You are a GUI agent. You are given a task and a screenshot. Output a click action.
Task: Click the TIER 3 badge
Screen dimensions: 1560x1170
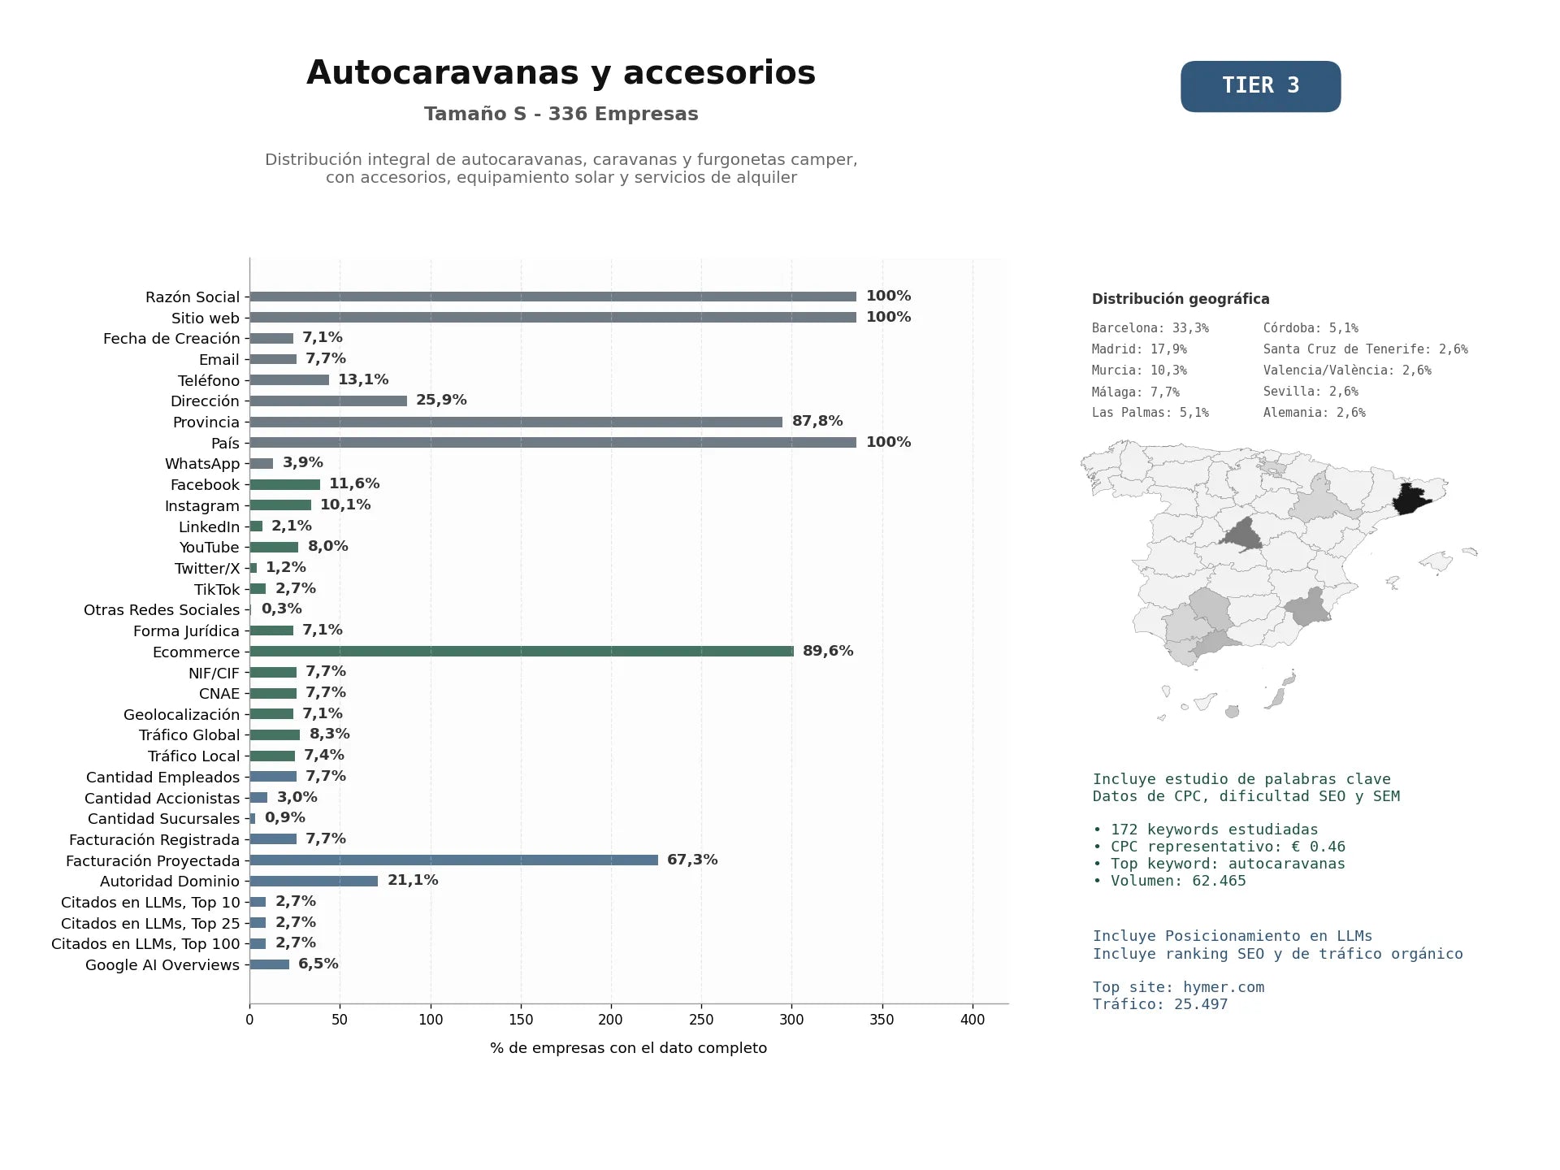coord(1260,86)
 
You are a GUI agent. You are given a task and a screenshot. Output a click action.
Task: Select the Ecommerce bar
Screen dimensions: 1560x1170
coord(522,651)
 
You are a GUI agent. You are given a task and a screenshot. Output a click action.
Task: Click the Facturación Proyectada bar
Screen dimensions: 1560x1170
coord(454,860)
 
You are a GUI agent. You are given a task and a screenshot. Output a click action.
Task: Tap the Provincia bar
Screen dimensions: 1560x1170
coord(516,422)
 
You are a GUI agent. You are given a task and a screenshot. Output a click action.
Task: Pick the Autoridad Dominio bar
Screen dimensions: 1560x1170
coord(314,881)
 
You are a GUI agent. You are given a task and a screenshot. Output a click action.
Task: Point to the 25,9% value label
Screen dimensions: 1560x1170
coord(441,400)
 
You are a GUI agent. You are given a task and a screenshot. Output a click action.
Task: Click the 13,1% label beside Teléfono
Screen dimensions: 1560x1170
coord(363,379)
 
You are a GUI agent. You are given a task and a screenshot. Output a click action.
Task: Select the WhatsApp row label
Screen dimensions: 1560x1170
coord(202,464)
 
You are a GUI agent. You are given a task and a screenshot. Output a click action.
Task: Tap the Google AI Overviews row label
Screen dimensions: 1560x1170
coord(162,965)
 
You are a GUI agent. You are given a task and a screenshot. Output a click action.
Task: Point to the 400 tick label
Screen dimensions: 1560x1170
coord(973,1020)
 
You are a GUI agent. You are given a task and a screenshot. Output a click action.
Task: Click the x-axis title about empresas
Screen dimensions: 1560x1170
coord(628,1048)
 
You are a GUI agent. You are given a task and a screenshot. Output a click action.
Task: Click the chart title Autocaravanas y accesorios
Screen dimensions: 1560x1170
coord(561,72)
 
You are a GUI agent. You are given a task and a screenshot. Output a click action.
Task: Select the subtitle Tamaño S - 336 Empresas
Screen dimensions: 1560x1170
coord(561,114)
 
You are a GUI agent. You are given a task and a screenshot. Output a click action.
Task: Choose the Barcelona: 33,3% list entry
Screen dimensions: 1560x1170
coord(1150,328)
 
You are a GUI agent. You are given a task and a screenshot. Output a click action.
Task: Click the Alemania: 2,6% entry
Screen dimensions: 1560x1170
coord(1315,413)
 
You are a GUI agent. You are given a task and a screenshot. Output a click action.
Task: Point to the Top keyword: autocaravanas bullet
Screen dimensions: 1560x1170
coord(1219,864)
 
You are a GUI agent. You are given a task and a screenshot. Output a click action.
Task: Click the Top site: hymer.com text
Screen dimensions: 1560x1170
coord(1178,987)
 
